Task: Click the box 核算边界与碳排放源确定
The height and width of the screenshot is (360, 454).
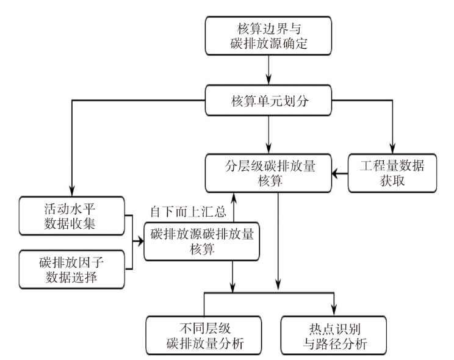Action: pyautogui.click(x=268, y=35)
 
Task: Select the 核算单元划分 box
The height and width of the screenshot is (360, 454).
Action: pyautogui.click(x=268, y=100)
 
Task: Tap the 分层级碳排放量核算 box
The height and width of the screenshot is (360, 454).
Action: pyautogui.click(x=268, y=173)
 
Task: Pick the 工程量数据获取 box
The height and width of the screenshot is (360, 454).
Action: pyautogui.click(x=392, y=173)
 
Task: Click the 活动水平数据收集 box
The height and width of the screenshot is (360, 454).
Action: pyautogui.click(x=72, y=216)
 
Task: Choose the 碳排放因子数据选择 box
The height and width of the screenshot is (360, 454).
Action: pyautogui.click(x=72, y=270)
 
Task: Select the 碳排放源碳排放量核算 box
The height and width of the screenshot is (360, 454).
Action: pyautogui.click(x=201, y=242)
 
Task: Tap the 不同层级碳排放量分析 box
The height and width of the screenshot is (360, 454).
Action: pyautogui.click(x=204, y=336)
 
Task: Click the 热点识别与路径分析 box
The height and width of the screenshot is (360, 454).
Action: pyautogui.click(x=334, y=336)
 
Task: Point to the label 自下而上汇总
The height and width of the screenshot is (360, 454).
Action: pyautogui.click(x=188, y=212)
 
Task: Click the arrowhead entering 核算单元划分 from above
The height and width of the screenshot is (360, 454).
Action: pyautogui.click(x=268, y=80)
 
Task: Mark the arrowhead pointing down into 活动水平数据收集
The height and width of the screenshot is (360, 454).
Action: pyautogui.click(x=72, y=191)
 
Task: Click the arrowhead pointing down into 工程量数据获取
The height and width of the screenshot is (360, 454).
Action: pyautogui.click(x=392, y=149)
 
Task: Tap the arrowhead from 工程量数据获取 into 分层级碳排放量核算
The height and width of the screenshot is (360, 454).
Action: pyautogui.click(x=337, y=174)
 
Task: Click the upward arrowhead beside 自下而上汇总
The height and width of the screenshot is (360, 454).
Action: pyautogui.click(x=233, y=198)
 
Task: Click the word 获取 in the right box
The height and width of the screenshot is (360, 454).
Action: pyautogui.click(x=392, y=181)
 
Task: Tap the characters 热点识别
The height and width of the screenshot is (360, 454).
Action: pyautogui.click(x=334, y=329)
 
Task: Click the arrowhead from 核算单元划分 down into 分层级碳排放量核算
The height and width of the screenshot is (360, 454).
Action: pyautogui.click(x=268, y=149)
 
